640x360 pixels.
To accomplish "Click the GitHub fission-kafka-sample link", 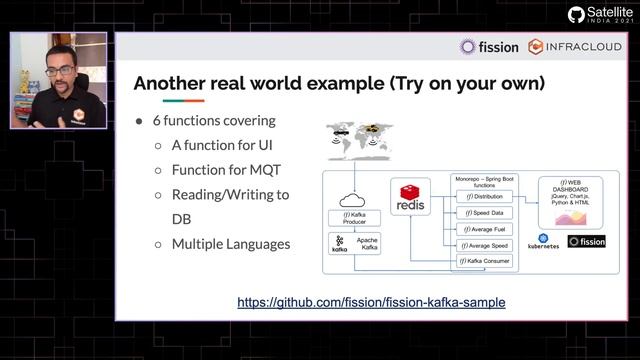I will [x=371, y=302].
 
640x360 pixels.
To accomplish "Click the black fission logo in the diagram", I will [x=586, y=241].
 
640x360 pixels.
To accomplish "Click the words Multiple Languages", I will [x=230, y=243].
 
